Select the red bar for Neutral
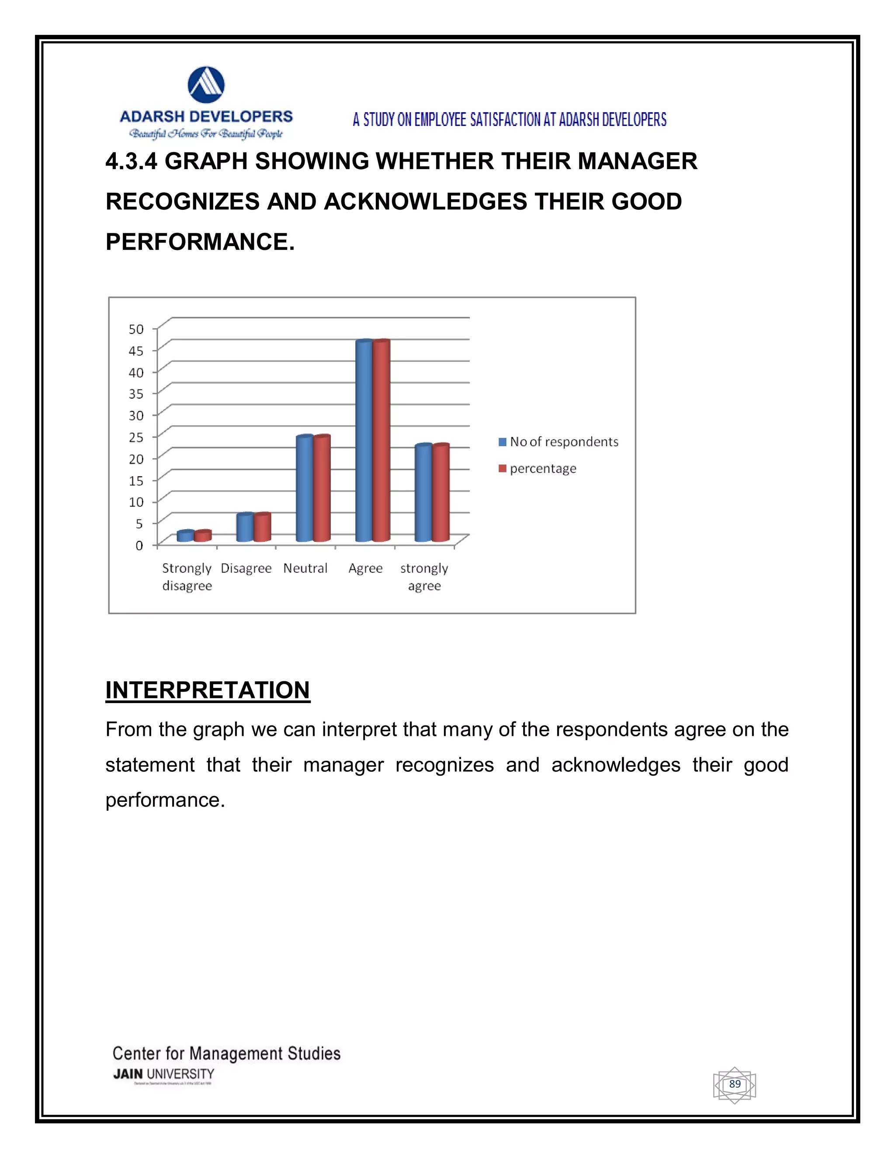tap(322, 489)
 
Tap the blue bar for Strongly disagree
tap(185, 536)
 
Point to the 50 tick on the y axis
tap(136, 329)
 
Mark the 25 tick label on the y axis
tap(136, 437)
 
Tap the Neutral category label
tap(305, 569)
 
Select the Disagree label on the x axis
tap(246, 569)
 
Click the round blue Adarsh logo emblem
tap(206, 85)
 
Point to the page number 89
tap(734, 1084)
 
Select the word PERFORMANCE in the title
tap(199, 242)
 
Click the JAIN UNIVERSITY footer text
tap(164, 1074)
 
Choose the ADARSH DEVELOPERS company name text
tap(206, 117)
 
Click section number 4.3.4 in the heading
tap(131, 161)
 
